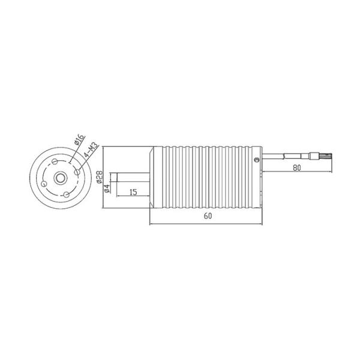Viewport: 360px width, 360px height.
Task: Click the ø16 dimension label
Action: (79, 140)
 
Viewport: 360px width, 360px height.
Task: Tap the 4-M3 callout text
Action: (91, 149)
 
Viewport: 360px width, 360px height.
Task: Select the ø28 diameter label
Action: (100, 177)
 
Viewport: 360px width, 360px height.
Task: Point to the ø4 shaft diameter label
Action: (107, 188)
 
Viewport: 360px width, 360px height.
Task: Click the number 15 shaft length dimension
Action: (133, 192)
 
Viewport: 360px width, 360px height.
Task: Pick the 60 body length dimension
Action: (208, 216)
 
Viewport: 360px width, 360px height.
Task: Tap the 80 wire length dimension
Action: (297, 168)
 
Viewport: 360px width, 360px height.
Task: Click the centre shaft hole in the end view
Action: (61, 178)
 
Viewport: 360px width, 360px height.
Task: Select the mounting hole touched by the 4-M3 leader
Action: (77, 172)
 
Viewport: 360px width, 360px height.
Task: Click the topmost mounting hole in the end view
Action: (55, 161)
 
